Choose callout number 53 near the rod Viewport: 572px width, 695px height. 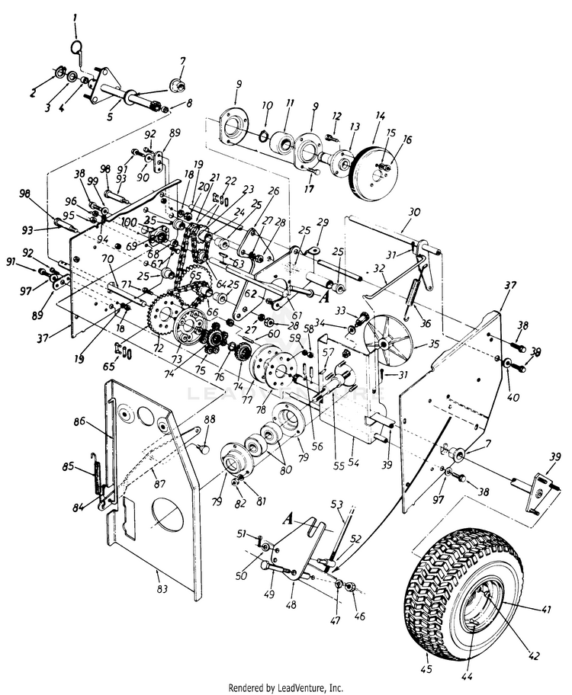pos(336,504)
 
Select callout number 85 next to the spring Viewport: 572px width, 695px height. pos(68,466)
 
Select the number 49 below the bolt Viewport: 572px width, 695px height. pos(268,594)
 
